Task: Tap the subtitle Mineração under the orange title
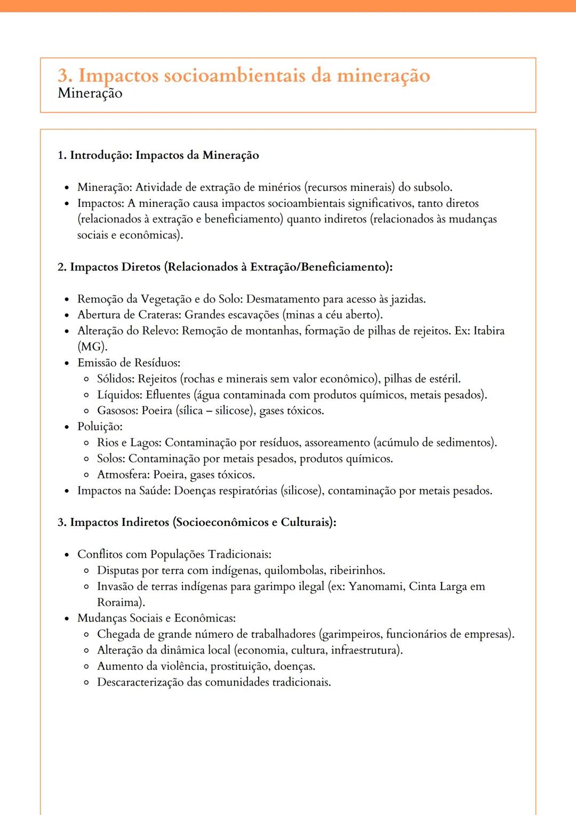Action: tap(90, 93)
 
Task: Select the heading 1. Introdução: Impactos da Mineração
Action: tap(158, 155)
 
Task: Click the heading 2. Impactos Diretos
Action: tap(225, 267)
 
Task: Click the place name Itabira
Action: tap(489, 331)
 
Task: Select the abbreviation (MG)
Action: tap(92, 347)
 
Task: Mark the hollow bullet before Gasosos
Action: tap(86, 411)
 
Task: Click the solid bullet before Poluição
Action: tap(67, 427)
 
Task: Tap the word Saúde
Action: tap(155, 491)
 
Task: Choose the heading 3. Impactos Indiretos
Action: tap(197, 522)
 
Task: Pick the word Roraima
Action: tap(121, 603)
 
